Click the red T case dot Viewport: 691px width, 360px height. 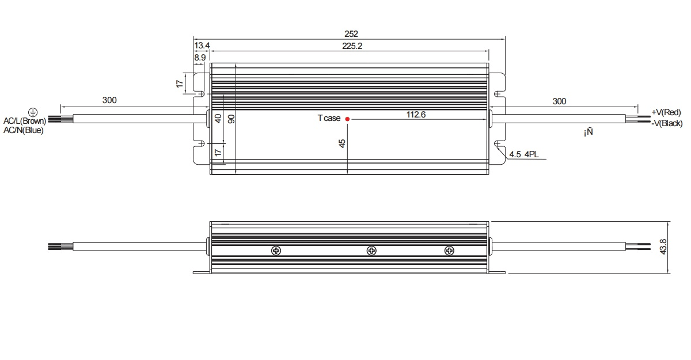(x=347, y=119)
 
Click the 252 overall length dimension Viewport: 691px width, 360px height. (x=351, y=33)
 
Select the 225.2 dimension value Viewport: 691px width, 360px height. (x=352, y=46)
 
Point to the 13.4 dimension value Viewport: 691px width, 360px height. (x=202, y=46)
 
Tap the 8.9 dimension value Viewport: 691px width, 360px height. (x=200, y=58)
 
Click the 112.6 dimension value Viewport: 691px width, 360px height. (x=416, y=115)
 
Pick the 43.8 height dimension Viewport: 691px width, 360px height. (x=663, y=247)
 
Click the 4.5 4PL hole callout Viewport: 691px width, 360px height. (x=524, y=154)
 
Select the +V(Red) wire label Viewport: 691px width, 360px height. (x=666, y=112)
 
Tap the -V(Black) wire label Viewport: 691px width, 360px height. (x=667, y=123)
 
